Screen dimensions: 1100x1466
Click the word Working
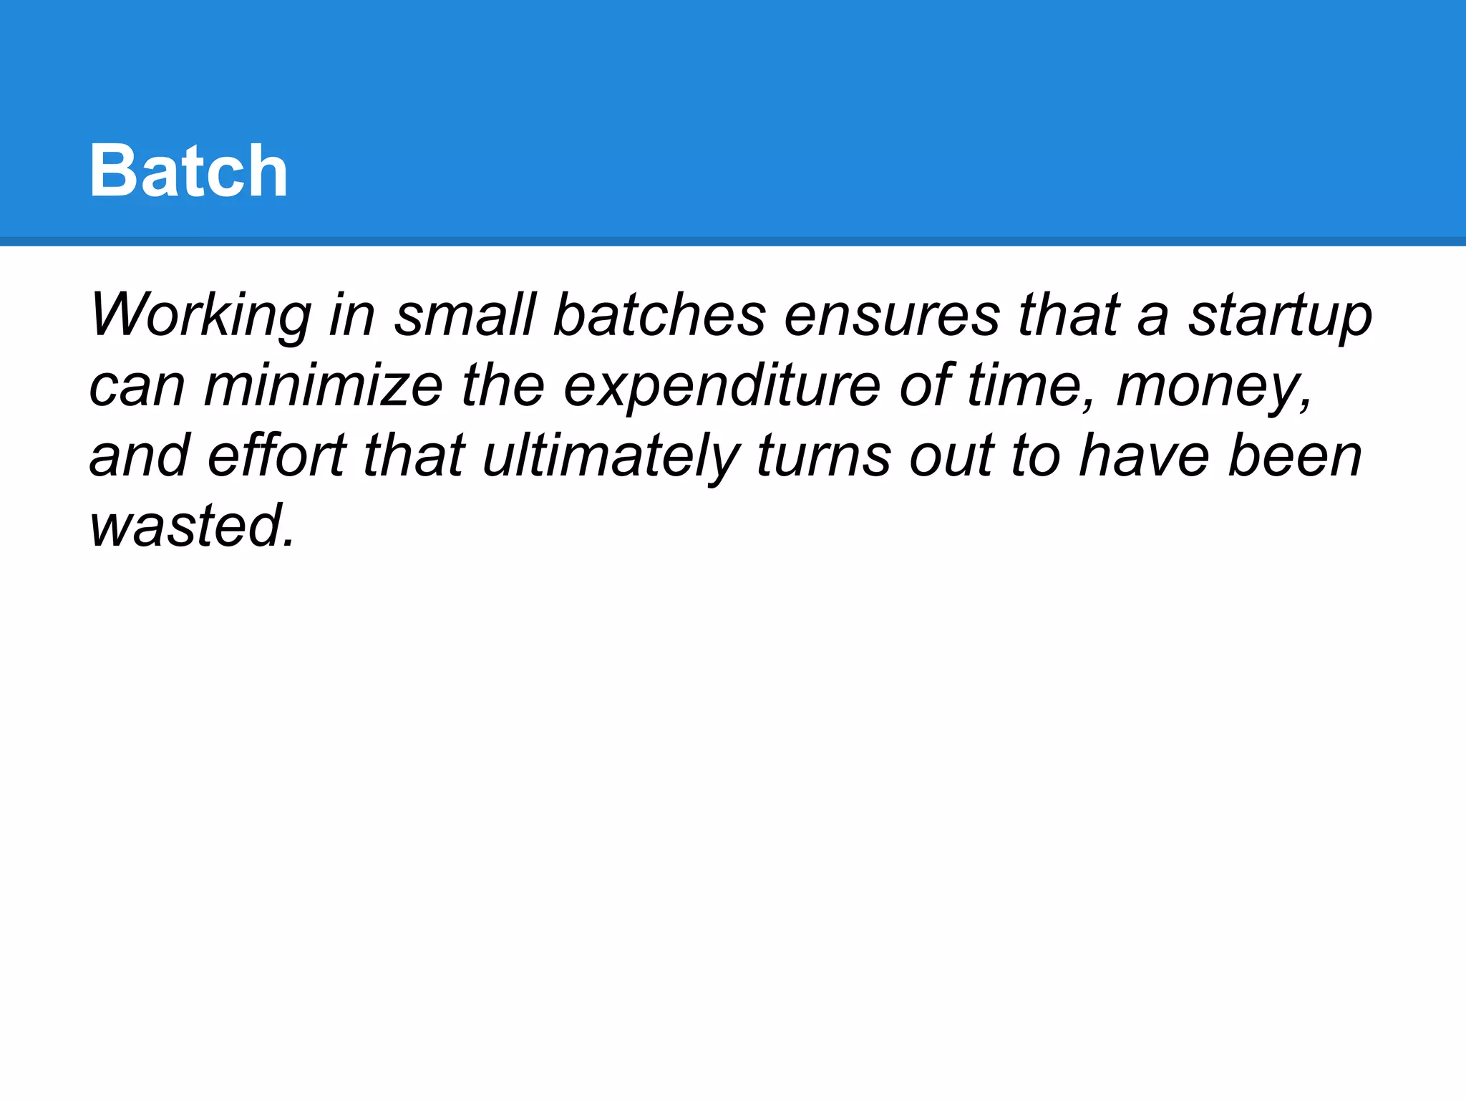(200, 317)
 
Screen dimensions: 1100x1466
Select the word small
(465, 315)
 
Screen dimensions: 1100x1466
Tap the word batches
(659, 315)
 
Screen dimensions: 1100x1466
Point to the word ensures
(892, 315)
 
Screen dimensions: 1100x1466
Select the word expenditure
(722, 387)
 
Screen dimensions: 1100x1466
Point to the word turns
(823, 455)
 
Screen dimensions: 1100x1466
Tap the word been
(1295, 455)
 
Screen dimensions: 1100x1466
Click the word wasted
(192, 526)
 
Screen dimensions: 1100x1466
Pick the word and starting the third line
(140, 455)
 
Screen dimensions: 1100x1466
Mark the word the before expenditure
(503, 385)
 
